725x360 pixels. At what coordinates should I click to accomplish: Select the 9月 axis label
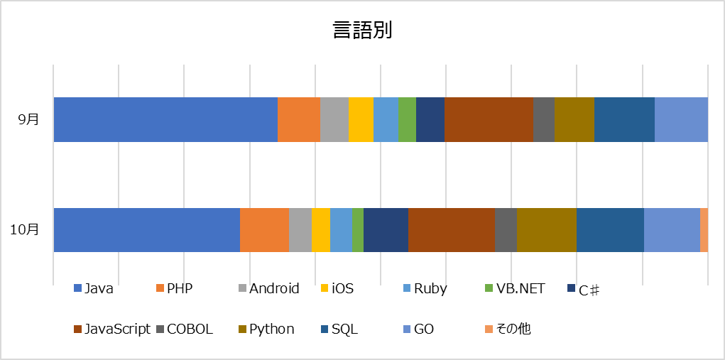click(29, 119)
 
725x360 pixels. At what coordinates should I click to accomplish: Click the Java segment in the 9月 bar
click(165, 119)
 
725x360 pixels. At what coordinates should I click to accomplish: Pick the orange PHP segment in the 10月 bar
click(264, 230)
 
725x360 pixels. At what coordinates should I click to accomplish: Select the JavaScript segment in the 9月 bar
click(489, 119)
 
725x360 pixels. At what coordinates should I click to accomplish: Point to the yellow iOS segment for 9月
click(361, 119)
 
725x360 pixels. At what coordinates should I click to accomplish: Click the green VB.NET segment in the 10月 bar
click(357, 230)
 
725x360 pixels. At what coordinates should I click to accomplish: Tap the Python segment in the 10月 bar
click(546, 230)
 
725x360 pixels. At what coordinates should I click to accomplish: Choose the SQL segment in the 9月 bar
click(624, 119)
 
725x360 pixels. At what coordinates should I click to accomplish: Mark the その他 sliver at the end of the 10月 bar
click(704, 230)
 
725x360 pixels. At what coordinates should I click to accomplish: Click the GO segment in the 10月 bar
click(672, 230)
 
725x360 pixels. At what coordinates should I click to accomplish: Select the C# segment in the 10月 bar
click(386, 230)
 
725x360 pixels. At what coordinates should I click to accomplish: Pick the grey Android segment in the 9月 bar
click(334, 119)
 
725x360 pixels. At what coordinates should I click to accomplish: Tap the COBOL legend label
click(190, 329)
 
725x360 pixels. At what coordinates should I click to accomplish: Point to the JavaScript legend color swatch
click(78, 329)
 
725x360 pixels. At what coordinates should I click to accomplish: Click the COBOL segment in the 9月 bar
click(543, 119)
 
